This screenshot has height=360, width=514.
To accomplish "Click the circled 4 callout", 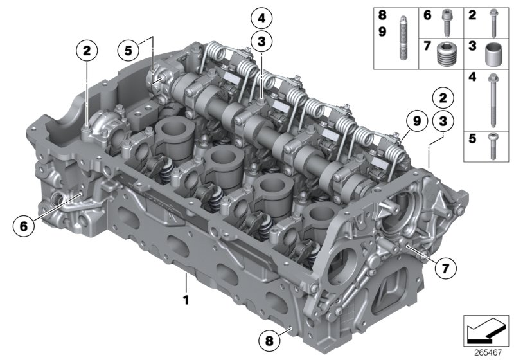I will (261, 17).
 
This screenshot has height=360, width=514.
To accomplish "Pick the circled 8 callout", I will (270, 339).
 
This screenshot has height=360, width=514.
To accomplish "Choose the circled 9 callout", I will (416, 120).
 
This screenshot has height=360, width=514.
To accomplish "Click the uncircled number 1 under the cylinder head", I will (186, 300).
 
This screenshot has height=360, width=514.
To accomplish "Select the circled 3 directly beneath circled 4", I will (261, 42).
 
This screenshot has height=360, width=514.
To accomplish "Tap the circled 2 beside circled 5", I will (87, 49).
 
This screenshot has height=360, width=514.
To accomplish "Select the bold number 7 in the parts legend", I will (427, 46).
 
